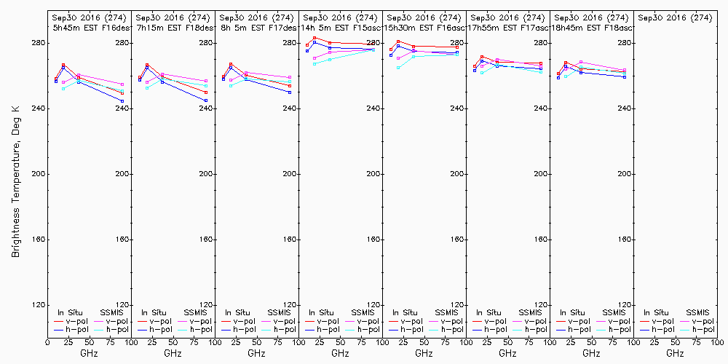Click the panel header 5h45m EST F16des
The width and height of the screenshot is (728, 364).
(x=90, y=27)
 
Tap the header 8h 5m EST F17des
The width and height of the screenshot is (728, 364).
(x=257, y=27)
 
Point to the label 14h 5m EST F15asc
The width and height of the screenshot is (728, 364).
(x=341, y=27)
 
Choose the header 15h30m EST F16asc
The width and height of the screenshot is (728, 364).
(x=424, y=27)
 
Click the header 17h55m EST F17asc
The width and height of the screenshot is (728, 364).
(x=508, y=27)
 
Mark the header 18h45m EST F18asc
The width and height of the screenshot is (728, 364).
(x=592, y=27)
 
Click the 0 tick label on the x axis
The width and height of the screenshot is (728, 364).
(x=47, y=341)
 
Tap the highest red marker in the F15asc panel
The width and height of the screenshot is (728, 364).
(x=314, y=38)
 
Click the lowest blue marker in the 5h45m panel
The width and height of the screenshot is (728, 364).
(x=122, y=101)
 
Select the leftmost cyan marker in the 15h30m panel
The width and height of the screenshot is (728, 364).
(x=398, y=68)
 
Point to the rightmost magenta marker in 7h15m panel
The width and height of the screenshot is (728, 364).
(x=206, y=81)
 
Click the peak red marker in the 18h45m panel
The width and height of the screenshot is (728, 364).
(x=566, y=63)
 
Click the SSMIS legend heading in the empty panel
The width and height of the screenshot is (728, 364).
(x=697, y=312)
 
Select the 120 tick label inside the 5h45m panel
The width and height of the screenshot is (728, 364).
(x=123, y=304)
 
